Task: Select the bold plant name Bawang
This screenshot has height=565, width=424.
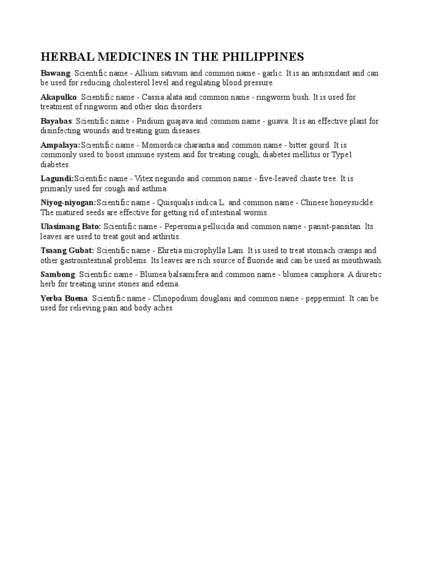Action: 55,73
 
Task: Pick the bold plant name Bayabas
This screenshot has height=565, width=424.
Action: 56,121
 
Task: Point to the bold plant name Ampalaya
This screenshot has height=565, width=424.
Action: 60,145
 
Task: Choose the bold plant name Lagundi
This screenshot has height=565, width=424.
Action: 57,179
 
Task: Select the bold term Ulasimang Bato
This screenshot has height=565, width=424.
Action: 71,227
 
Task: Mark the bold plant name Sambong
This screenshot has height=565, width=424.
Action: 58,274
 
